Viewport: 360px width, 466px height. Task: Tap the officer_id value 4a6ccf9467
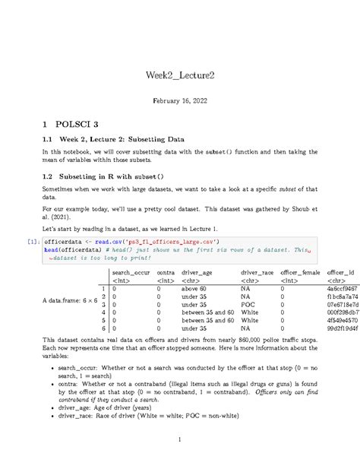click(x=343, y=289)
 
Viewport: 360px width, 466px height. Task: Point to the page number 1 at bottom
click(x=180, y=439)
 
